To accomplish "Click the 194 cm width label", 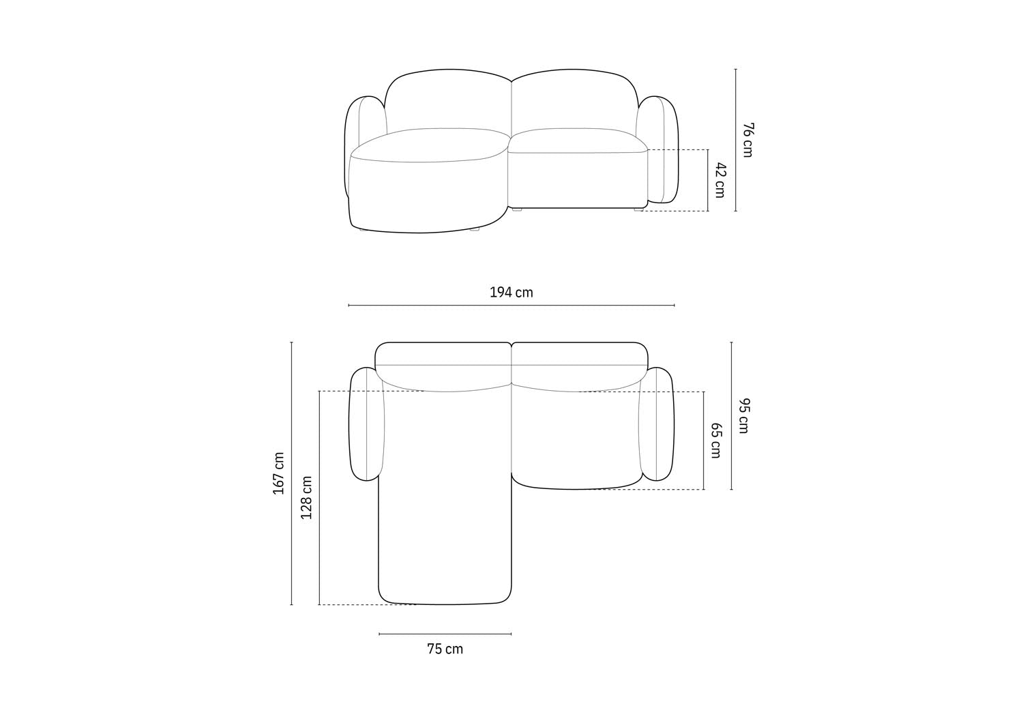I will (x=511, y=293).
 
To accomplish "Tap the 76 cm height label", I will (x=747, y=140).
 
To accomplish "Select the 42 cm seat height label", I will (x=720, y=180).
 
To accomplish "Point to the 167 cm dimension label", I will (x=279, y=473).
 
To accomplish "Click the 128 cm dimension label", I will (x=307, y=498).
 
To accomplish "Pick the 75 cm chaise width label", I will (x=445, y=649).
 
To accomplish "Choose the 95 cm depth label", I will (x=743, y=415).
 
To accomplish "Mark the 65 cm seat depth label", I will (x=715, y=440).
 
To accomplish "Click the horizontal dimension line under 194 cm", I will (x=511, y=306).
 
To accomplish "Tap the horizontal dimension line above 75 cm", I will (x=445, y=634).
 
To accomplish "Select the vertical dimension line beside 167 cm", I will (x=292, y=473).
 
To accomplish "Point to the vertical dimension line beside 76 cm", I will (x=735, y=140).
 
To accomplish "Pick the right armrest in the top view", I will (x=657, y=424).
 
